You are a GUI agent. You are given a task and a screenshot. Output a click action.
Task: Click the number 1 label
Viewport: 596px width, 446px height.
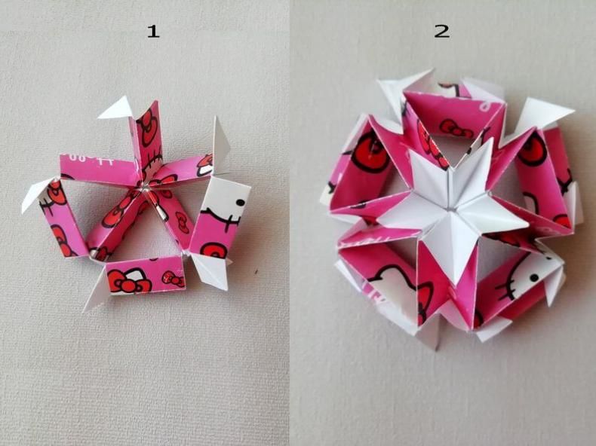pos(153,31)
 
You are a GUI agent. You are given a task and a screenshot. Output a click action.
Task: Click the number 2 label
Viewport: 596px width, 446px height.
pos(441,31)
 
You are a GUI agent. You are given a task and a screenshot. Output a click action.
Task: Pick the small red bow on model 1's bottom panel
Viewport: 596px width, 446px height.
pos(173,279)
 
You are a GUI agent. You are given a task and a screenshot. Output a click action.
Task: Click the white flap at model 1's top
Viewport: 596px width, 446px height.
pos(116,108)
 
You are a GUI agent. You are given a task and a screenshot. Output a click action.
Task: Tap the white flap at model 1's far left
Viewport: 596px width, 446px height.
pos(35,194)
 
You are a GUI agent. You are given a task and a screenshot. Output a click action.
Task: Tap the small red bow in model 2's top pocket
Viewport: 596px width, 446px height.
pos(456,128)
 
